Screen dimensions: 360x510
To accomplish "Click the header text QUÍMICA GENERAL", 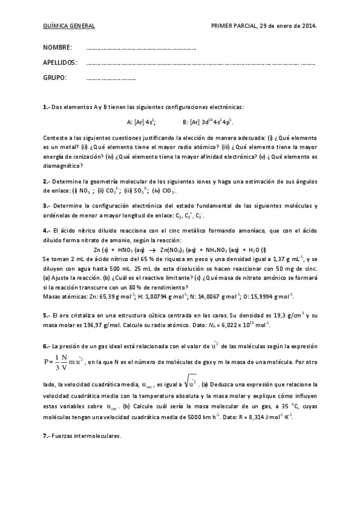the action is click(x=69, y=26).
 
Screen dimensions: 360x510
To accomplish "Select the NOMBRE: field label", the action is click(x=58, y=48).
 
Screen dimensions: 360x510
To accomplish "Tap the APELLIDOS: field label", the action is click(x=60, y=63).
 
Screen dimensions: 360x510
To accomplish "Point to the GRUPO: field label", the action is click(x=55, y=78).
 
